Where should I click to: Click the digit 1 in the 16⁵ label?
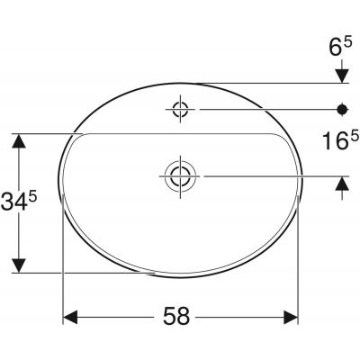(x=329, y=142)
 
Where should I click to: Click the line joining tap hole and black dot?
(x=261, y=110)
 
